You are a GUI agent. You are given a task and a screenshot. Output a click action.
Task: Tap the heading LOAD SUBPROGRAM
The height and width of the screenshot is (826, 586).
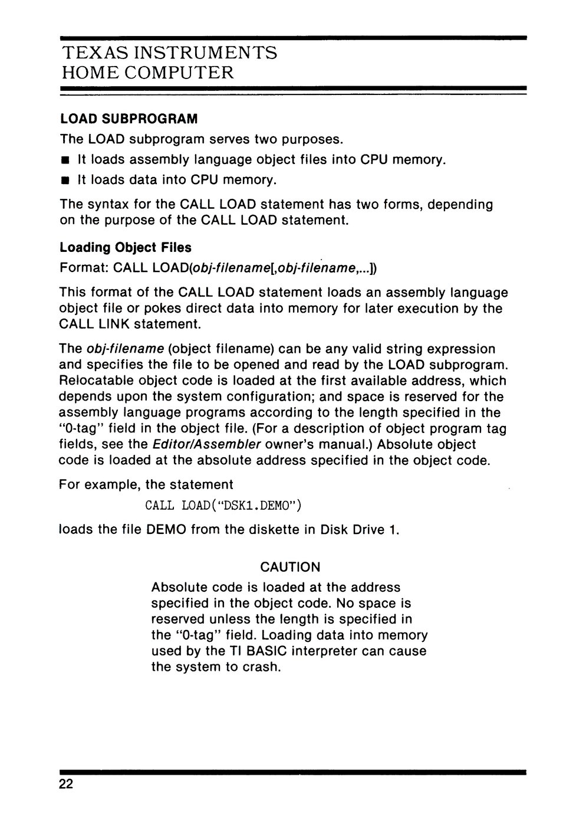pos(129,119)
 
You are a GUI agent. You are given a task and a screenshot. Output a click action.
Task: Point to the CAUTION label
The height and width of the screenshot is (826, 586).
pos(290,567)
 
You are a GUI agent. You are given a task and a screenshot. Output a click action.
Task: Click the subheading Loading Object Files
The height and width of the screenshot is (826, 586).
pos(126,247)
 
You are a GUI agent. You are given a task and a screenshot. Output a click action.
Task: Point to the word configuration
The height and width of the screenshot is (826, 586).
pos(293,396)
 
